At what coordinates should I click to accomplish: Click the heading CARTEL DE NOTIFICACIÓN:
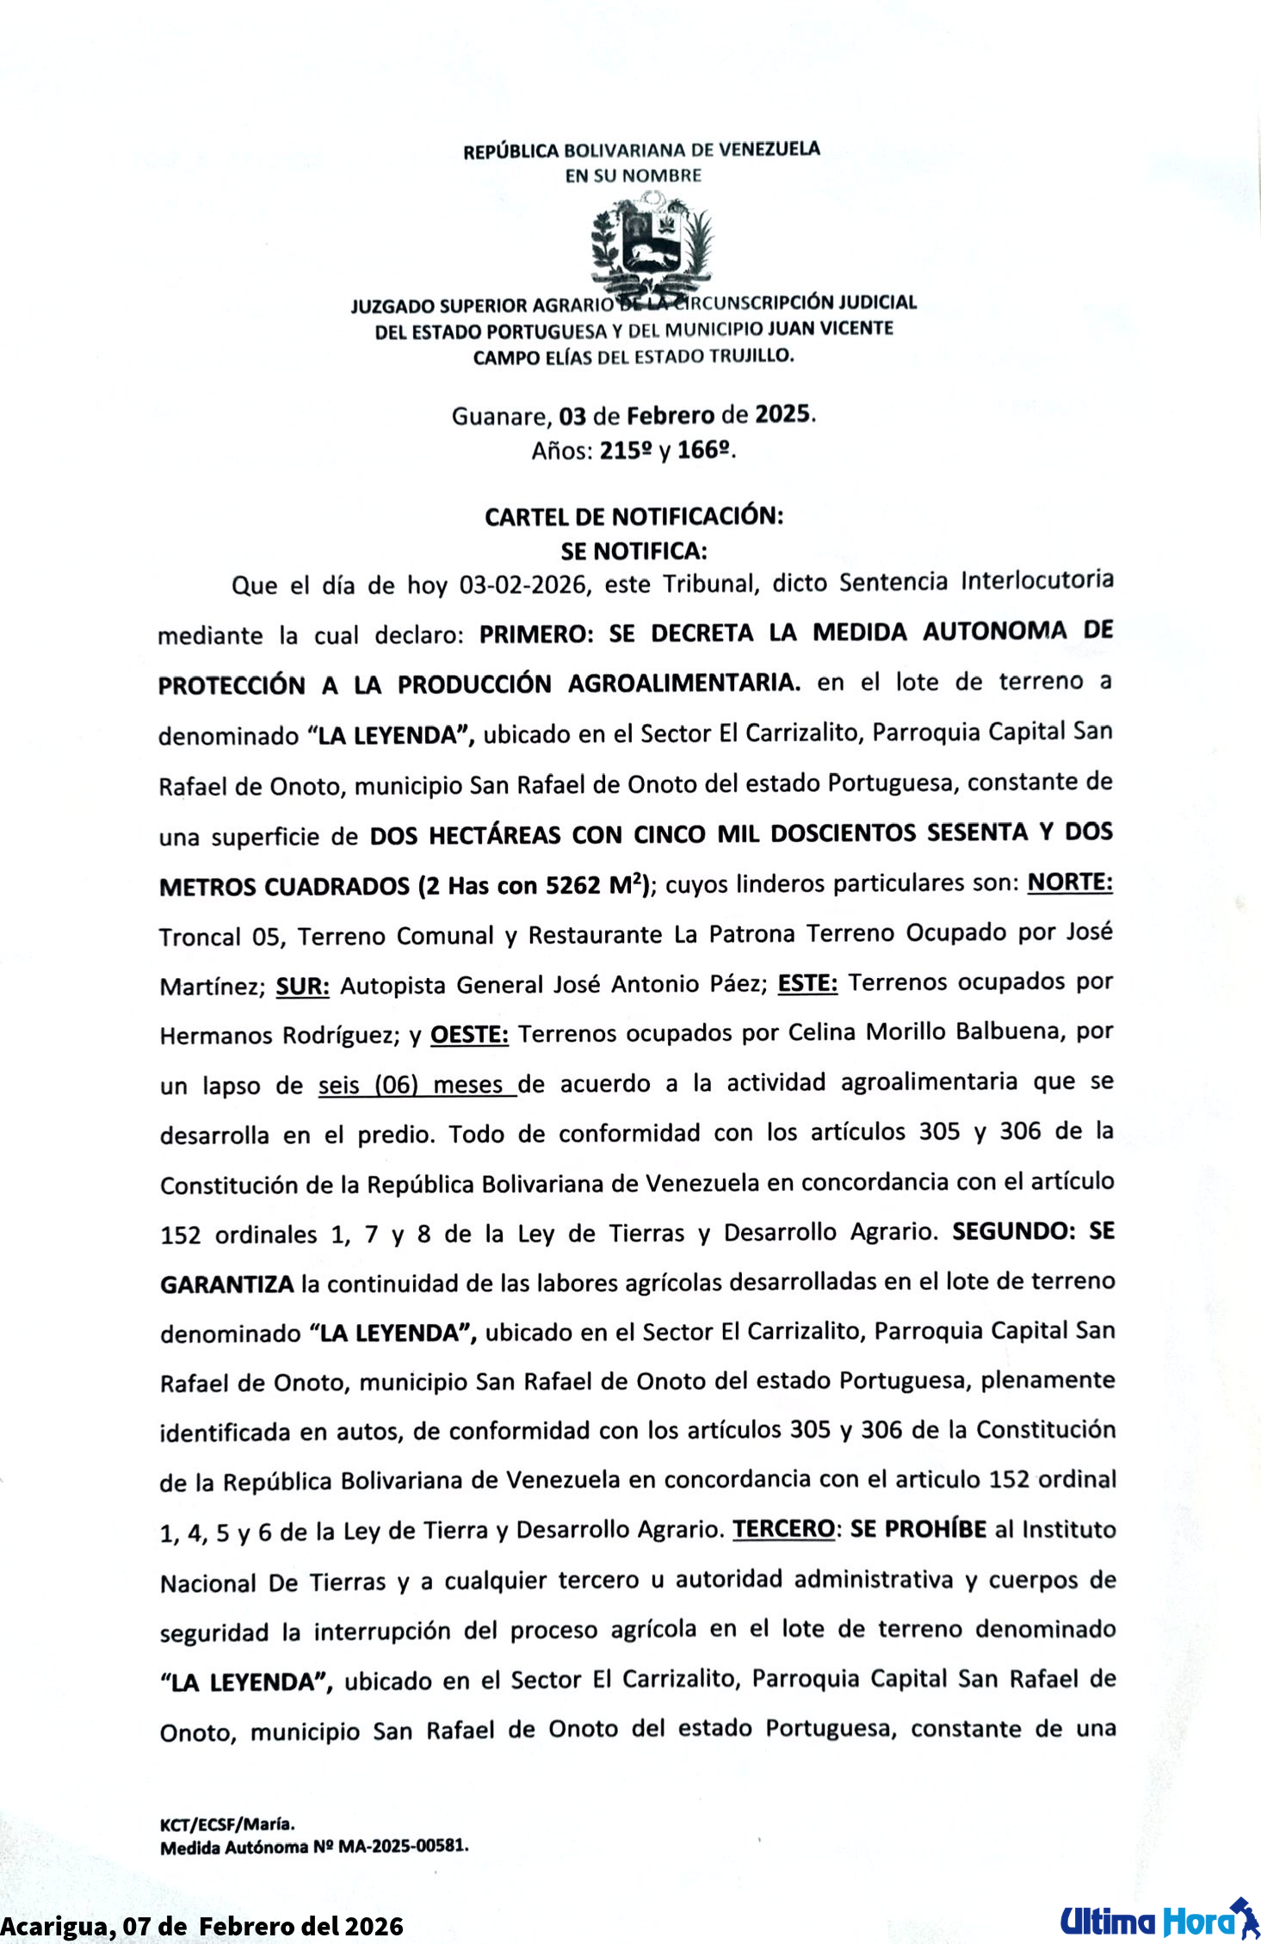(x=634, y=517)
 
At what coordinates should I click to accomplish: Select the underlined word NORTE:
(x=1070, y=882)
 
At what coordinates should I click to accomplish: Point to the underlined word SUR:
(x=302, y=986)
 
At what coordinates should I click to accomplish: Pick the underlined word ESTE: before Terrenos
(x=807, y=982)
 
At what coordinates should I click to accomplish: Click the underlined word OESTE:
(x=469, y=1033)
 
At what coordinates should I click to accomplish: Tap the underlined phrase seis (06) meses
(x=417, y=1085)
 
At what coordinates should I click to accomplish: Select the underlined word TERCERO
(x=783, y=1530)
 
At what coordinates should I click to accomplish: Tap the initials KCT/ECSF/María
(x=227, y=1823)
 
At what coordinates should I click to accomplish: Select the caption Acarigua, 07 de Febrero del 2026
(x=202, y=1925)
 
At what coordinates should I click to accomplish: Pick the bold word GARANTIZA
(x=227, y=1285)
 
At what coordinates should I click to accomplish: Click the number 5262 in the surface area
(x=572, y=886)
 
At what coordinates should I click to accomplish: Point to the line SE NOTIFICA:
(x=634, y=551)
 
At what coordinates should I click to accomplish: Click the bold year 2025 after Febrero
(x=783, y=415)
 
